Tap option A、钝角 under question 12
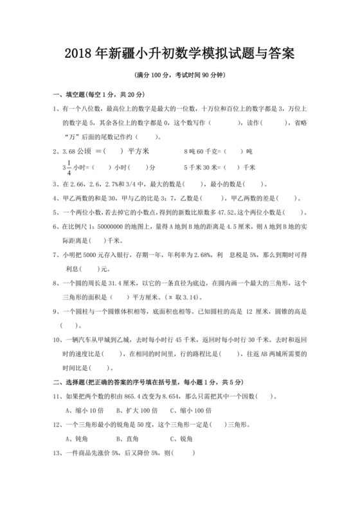pos(76,439)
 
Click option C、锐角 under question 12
pos(181,439)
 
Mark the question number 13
pos(56,453)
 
